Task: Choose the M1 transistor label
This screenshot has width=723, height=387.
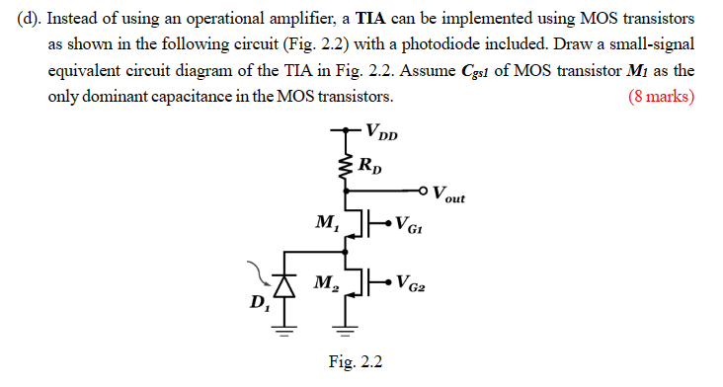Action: [323, 220]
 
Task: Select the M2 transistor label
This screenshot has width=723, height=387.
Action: [323, 283]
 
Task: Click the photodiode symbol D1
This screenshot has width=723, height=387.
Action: [286, 286]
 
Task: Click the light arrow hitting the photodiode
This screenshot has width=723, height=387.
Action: [264, 271]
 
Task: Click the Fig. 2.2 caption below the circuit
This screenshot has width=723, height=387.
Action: [355, 363]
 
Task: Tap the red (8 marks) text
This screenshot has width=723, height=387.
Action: [661, 97]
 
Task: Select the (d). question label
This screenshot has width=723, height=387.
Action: [30, 20]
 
